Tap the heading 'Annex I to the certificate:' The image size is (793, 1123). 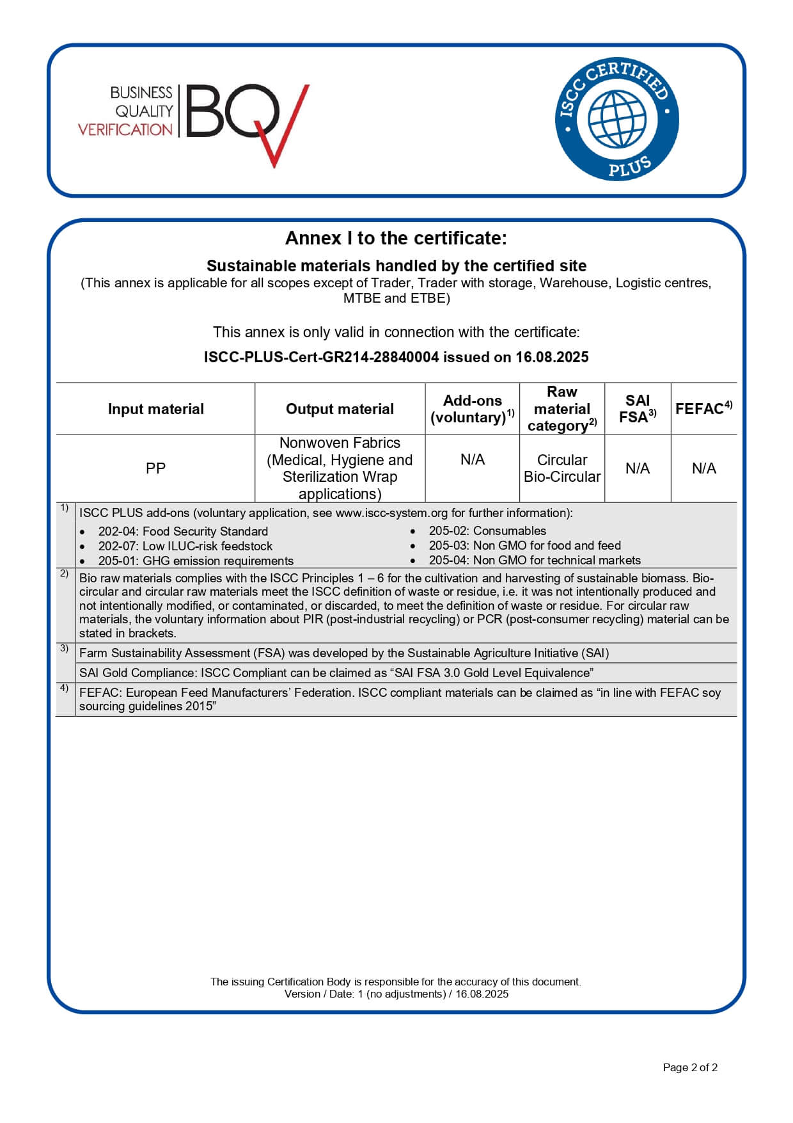tap(396, 238)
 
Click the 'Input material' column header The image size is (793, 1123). tap(155, 409)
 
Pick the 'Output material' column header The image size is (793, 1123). tap(340, 409)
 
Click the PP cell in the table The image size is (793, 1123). tap(155, 468)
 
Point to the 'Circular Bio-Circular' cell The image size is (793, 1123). tap(561, 468)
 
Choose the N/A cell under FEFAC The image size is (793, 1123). tap(703, 468)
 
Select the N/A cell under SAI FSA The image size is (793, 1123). tap(637, 468)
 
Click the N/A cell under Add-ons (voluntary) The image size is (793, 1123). tap(472, 459)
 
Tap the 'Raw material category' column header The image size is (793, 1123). tap(561, 409)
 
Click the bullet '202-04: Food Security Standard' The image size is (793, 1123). tap(182, 531)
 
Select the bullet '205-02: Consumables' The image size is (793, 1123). tap(487, 530)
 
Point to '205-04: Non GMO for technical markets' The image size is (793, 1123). tap(534, 560)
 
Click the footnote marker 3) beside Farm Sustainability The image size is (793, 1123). tap(64, 648)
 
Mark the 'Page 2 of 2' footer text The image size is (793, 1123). tap(690, 1067)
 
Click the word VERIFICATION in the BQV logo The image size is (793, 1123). tap(125, 129)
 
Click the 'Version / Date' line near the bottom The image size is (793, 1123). tap(396, 994)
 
